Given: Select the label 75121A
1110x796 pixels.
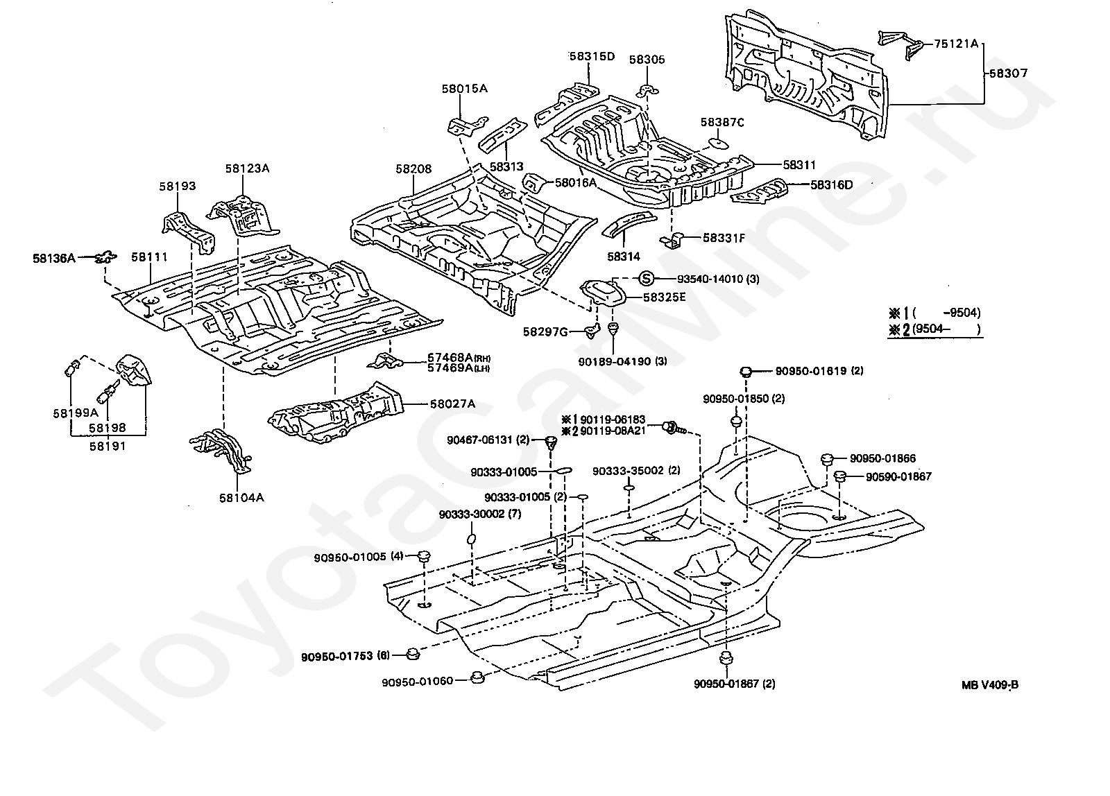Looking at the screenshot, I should point(956,44).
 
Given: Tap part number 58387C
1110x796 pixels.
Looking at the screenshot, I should point(722,123).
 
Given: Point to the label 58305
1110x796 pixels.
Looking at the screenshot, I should point(647,60).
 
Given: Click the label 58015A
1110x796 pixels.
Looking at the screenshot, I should point(464,89).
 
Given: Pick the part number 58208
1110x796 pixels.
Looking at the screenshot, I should point(413,168).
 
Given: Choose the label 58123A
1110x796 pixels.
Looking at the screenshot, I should point(247,168).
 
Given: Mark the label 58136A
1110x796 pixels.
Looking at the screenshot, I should point(53,258).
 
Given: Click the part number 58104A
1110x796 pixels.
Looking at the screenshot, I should point(241,497).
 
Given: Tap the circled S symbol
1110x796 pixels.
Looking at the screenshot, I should point(646,279).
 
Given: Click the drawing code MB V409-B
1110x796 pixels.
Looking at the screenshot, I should point(990,685).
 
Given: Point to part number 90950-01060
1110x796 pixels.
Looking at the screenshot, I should point(417,681).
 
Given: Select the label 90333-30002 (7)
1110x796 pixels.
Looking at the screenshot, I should point(479,514).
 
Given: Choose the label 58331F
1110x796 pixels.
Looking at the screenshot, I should point(724,238).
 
